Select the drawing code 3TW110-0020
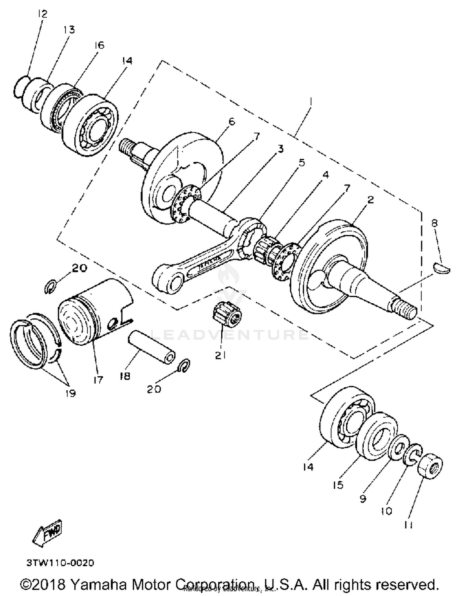coord(60,563)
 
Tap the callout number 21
coord(220,355)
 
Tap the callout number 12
coord(43,14)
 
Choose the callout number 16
coord(99,45)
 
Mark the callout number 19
coord(71,393)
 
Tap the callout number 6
coord(232,122)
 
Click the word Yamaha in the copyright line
coord(98,585)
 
